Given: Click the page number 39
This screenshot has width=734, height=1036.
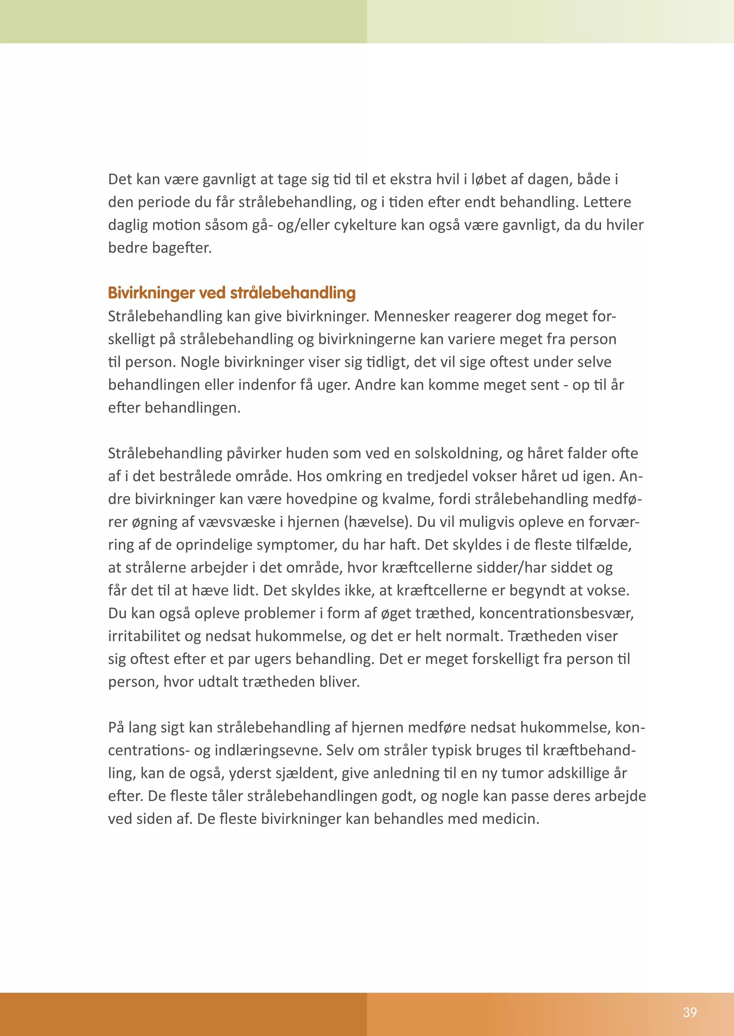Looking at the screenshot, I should tap(690, 1012).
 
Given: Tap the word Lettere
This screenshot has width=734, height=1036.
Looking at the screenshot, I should tap(607, 202).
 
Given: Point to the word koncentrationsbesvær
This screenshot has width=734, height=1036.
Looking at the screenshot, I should tap(556, 613).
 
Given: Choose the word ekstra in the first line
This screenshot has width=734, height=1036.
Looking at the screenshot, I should tap(410, 179).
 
